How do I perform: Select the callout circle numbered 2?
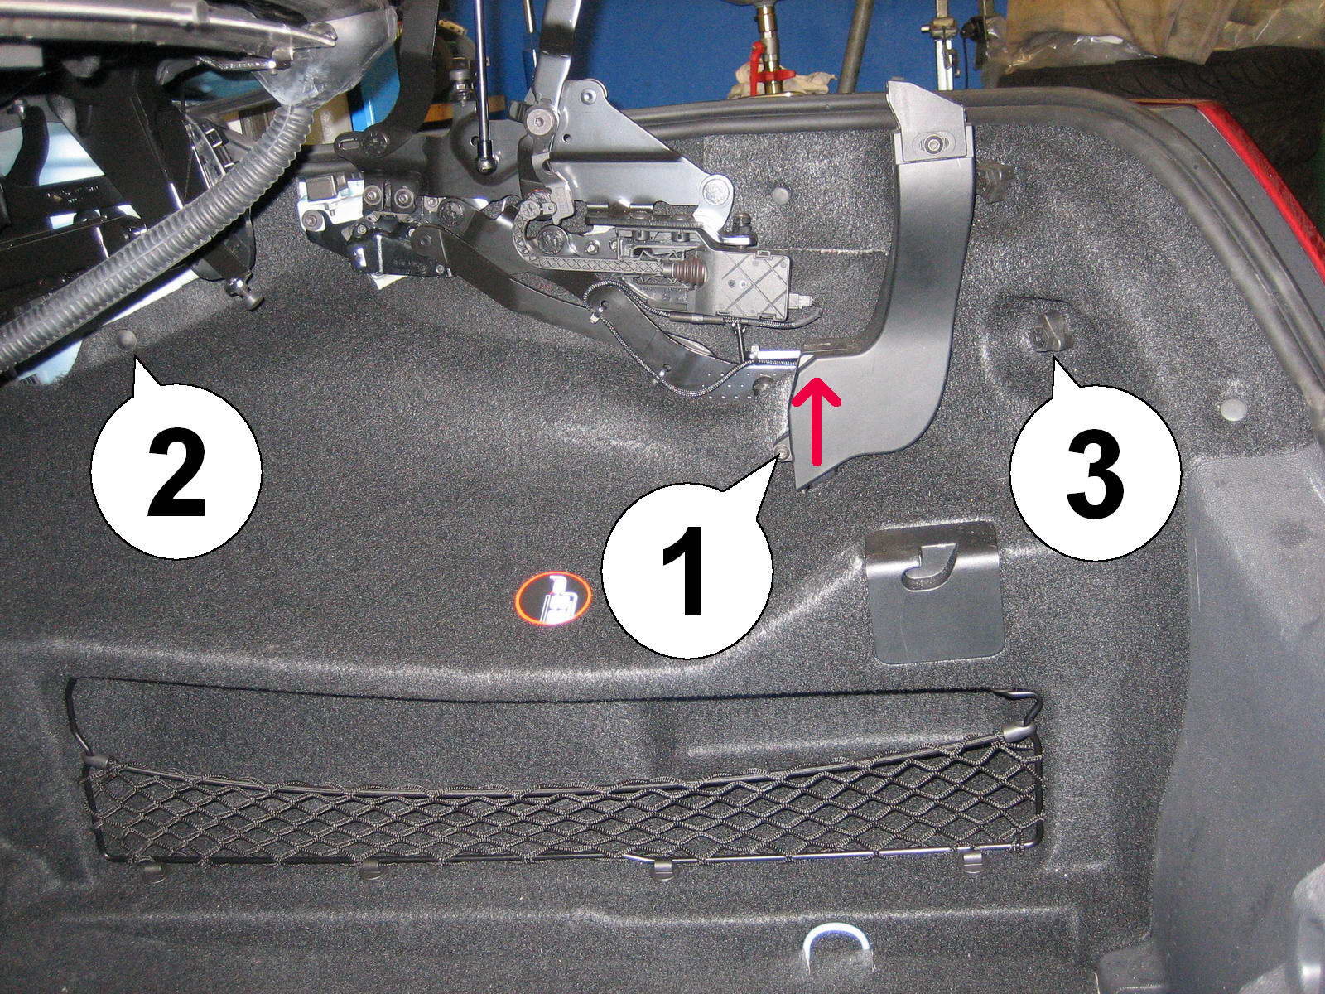pos(176,470)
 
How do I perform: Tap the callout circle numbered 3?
pos(1095,474)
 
